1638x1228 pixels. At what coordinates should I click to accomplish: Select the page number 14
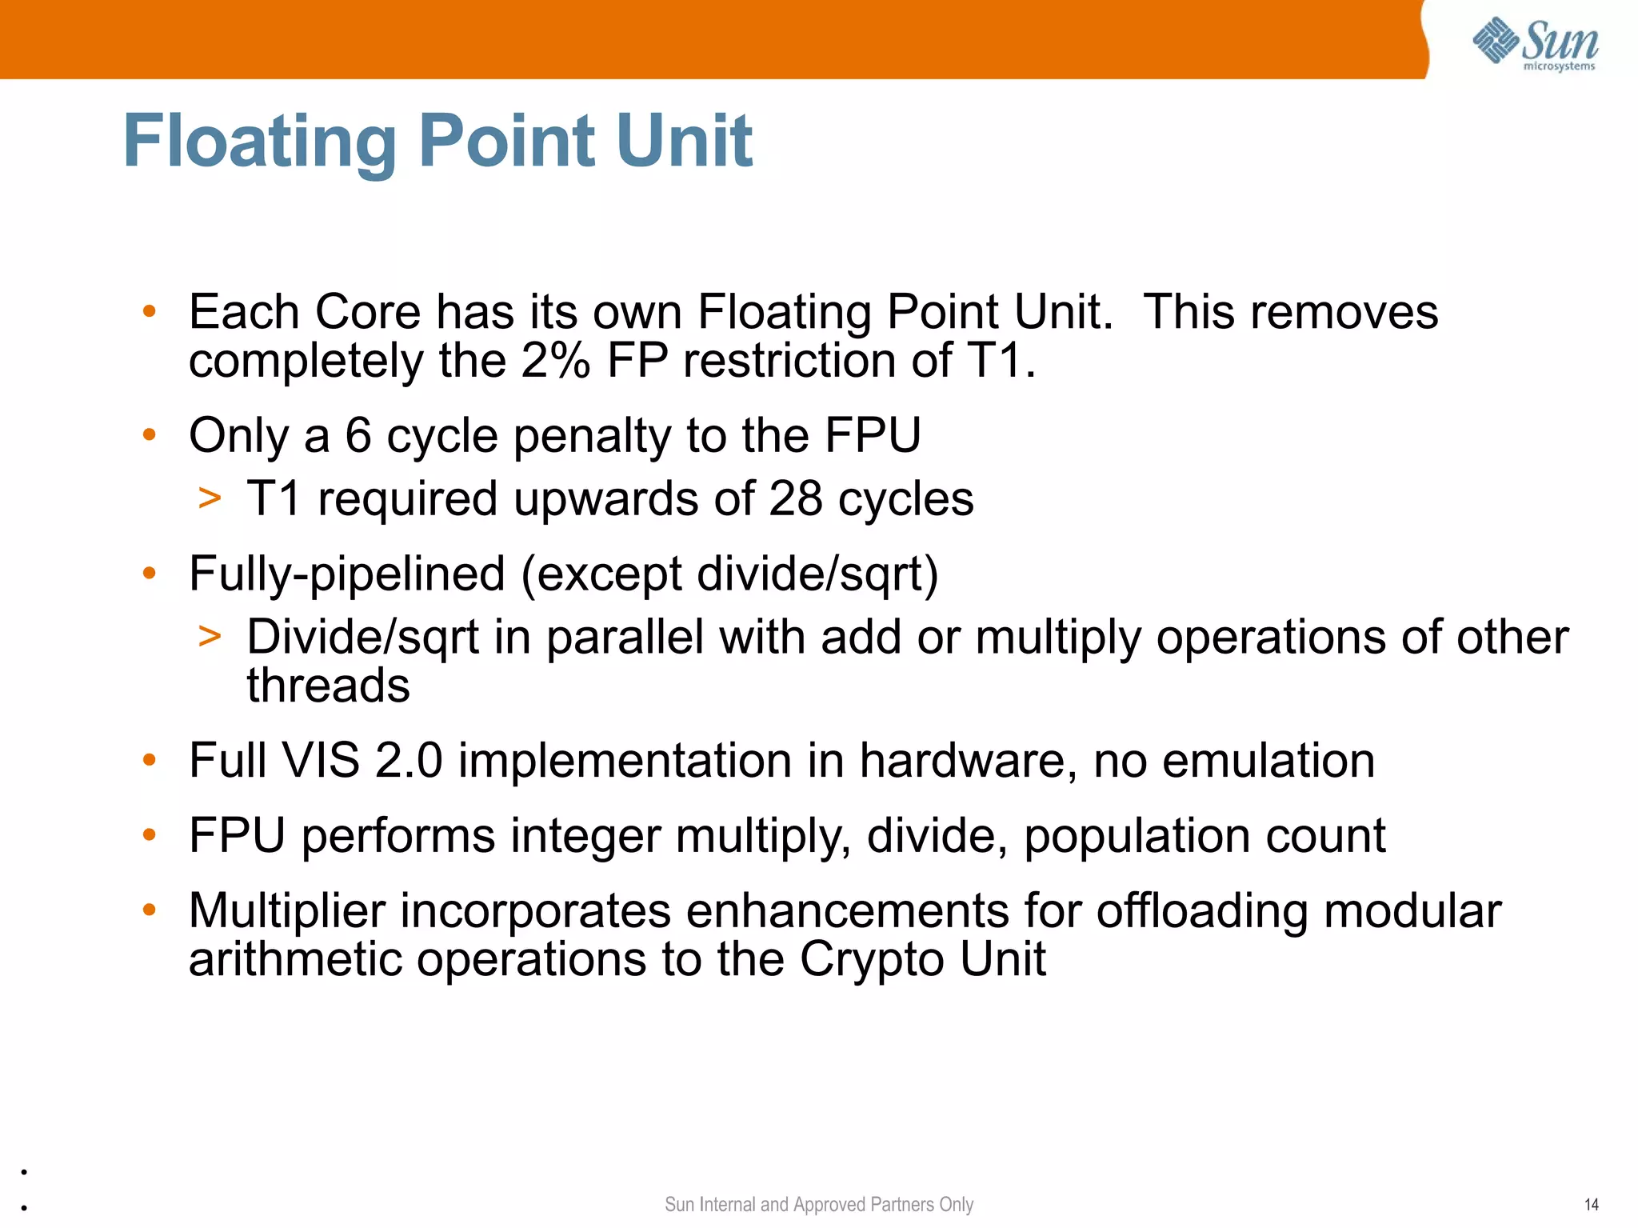pos(1591,1204)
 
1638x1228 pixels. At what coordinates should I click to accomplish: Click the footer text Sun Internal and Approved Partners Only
pos(818,1204)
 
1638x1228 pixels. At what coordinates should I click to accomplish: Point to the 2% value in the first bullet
pos(555,361)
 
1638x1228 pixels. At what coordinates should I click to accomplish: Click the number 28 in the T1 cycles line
pos(795,498)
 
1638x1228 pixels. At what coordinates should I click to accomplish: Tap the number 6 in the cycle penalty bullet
pos(358,436)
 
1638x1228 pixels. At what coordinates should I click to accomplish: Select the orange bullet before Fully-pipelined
pos(149,573)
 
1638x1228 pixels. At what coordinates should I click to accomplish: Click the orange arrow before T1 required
pos(210,498)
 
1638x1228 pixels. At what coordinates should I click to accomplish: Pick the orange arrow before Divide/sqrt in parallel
pos(210,637)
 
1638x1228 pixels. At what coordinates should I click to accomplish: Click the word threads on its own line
pos(328,686)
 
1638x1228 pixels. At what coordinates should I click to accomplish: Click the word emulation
pos(1268,760)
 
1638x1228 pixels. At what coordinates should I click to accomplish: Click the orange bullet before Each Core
pos(149,311)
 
